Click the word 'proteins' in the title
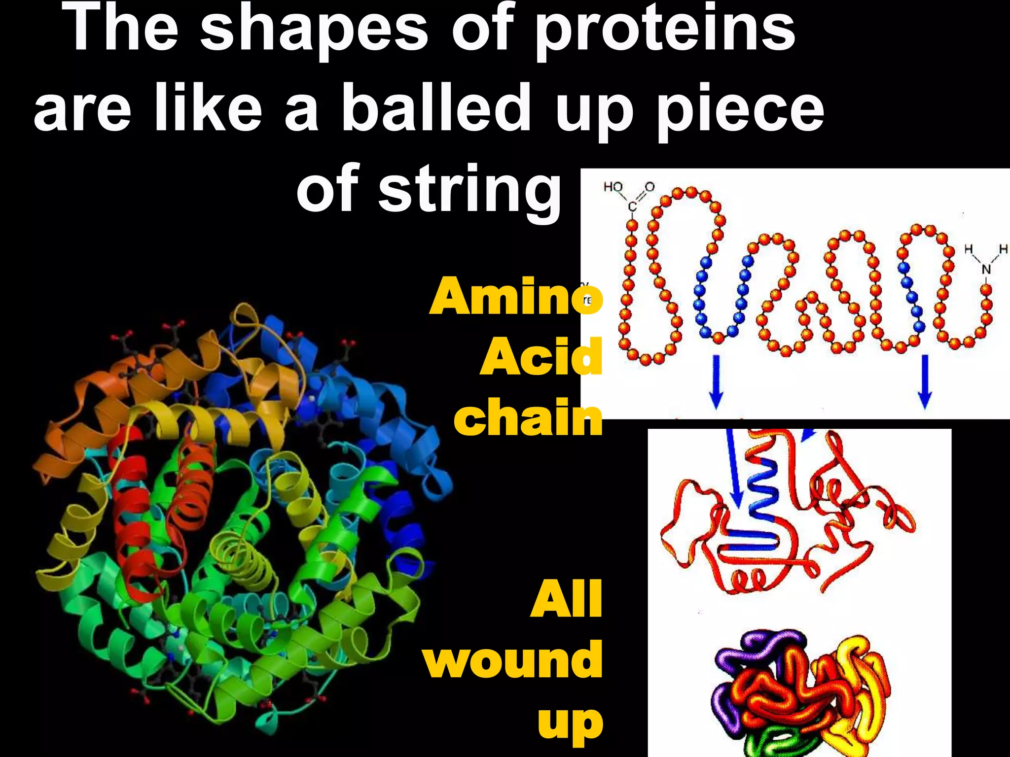665,30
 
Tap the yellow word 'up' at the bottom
570,723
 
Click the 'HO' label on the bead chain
613,187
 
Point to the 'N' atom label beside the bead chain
986,269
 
